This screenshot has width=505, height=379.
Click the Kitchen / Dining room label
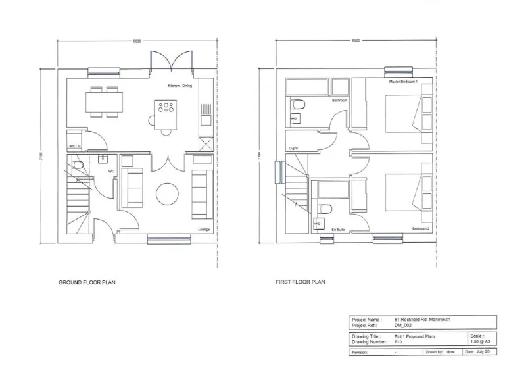pos(180,86)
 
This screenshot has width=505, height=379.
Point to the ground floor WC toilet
pos(78,165)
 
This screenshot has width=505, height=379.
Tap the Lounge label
pos(203,230)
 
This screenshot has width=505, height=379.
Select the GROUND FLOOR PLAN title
pos(87,282)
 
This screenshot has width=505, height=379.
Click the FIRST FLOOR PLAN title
pos(300,282)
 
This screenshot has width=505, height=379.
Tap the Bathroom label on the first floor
pos(339,101)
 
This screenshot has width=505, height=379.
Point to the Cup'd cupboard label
pos(294,148)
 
